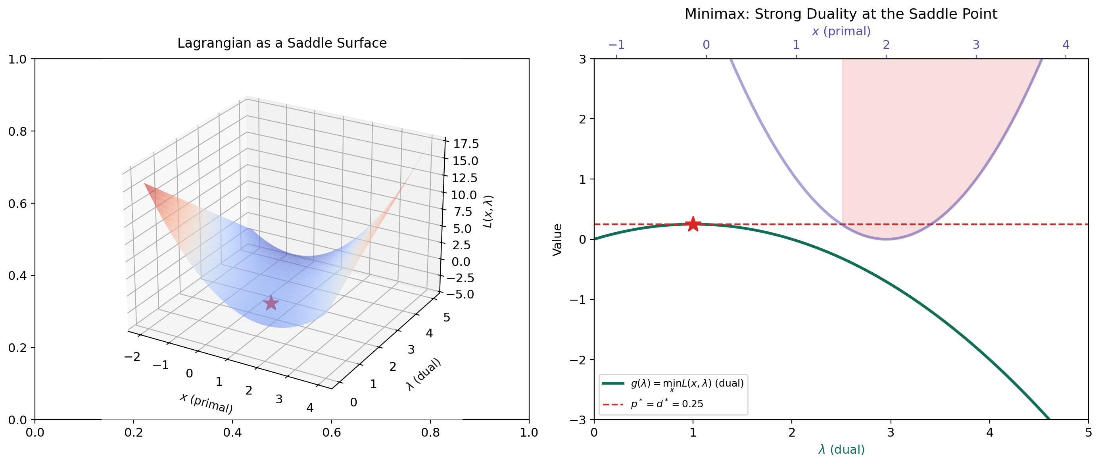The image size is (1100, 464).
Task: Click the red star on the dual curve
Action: tap(693, 224)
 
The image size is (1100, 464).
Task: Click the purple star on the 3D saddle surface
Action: tap(271, 303)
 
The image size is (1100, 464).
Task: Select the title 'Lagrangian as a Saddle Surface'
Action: tap(282, 43)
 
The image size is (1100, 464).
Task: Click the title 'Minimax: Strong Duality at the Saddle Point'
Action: tap(841, 14)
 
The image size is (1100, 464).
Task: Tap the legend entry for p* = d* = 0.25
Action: tap(666, 404)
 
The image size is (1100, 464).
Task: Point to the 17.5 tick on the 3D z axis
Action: tap(465, 144)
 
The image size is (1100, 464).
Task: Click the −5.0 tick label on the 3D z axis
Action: tap(460, 294)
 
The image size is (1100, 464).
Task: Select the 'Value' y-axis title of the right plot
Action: tap(557, 239)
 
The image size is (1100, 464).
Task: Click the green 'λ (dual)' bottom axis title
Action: tap(841, 449)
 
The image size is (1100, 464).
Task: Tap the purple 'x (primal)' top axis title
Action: tap(841, 31)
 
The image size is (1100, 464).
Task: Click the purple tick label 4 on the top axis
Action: tap(1066, 44)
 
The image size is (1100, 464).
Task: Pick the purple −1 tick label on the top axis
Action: tap(616, 44)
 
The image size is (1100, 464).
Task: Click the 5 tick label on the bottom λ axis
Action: tap(1088, 432)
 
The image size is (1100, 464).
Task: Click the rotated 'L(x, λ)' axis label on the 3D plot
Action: tap(488, 212)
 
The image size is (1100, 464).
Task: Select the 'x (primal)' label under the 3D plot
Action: tap(206, 403)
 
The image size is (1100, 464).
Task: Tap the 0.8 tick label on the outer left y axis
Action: tap(17, 131)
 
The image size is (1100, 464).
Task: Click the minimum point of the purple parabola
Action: tap(886, 239)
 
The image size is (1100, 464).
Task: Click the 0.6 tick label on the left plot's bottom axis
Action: tap(331, 432)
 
